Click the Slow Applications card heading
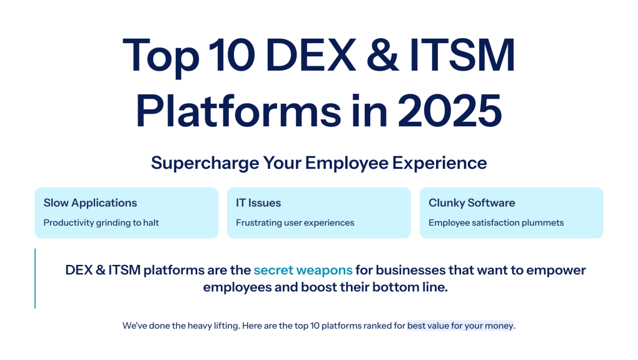click(90, 203)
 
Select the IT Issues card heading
click(258, 203)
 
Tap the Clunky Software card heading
click(472, 203)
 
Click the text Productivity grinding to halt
click(101, 222)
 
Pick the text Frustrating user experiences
click(295, 222)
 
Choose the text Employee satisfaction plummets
click(496, 222)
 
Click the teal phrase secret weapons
click(303, 270)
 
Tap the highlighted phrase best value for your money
click(460, 326)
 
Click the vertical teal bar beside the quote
click(35, 278)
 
